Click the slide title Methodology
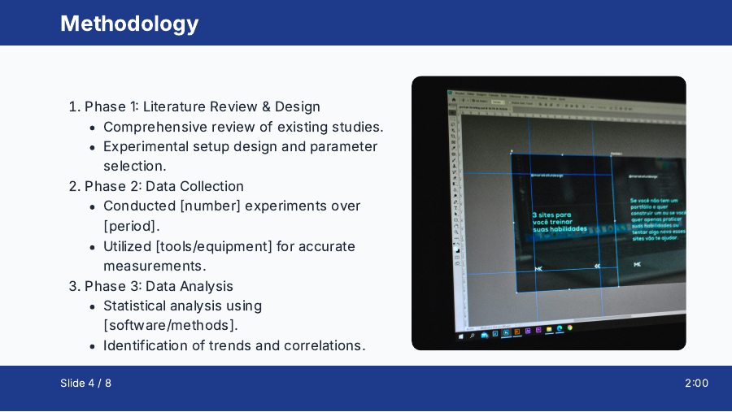(129, 24)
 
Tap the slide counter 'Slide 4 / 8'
(85, 383)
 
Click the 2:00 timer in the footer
(696, 383)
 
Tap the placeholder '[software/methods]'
(170, 325)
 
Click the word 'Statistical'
(135, 306)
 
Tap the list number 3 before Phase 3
(72, 286)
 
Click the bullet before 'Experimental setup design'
(94, 147)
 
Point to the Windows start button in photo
(461, 335)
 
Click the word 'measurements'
(154, 266)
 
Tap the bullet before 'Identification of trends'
(94, 346)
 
